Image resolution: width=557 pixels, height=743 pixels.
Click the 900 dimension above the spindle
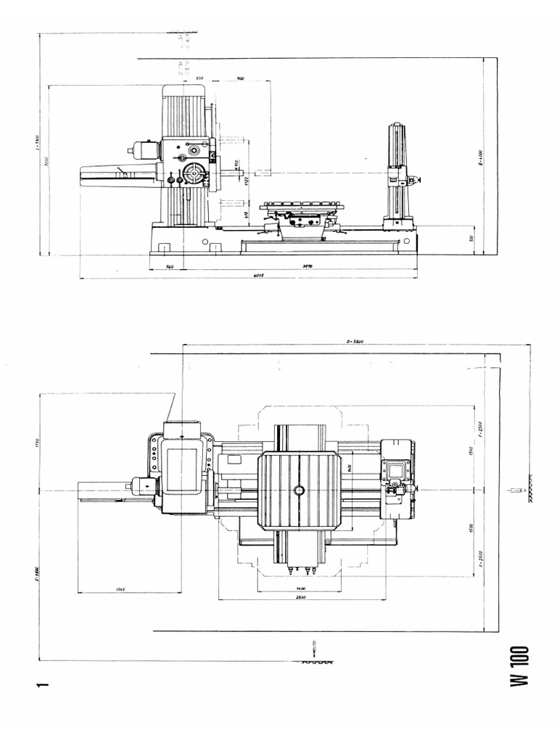[x=240, y=77]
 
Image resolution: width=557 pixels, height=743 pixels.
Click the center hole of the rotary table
[x=298, y=490]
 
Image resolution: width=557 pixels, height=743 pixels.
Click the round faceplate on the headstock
[x=195, y=174]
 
